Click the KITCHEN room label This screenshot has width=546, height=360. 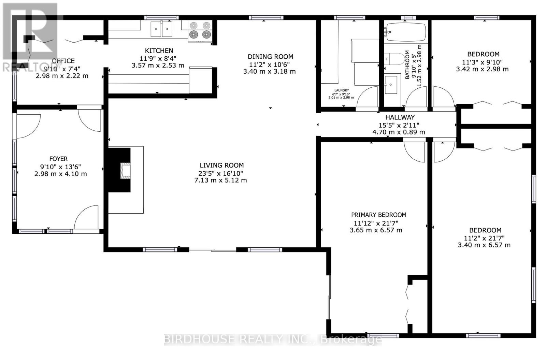click(159, 51)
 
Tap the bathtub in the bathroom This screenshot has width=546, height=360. click(406, 32)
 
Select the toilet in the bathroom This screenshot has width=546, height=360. click(395, 59)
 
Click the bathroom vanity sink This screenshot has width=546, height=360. click(391, 85)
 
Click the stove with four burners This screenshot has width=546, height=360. click(200, 31)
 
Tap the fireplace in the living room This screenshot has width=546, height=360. click(119, 170)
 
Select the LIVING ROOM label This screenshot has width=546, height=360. click(221, 165)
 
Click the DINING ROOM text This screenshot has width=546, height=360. click(270, 57)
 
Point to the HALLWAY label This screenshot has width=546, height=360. click(400, 117)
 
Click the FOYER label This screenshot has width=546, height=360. click(58, 159)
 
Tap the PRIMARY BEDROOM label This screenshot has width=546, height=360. click(378, 215)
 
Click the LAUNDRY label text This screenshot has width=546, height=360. click(342, 90)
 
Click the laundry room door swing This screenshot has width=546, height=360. click(367, 97)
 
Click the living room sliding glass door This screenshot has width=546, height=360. click(213, 250)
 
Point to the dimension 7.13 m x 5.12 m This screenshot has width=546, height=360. click(220, 181)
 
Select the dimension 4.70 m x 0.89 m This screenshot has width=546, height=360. click(399, 132)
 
